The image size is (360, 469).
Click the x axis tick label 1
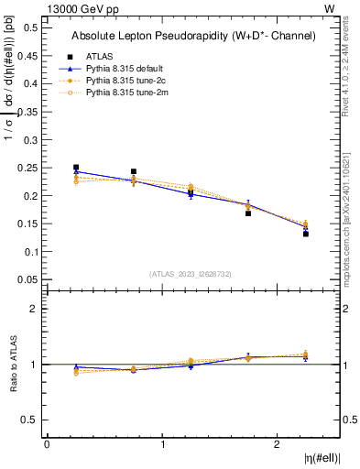(x=163, y=444)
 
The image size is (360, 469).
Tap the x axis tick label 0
(x=47, y=444)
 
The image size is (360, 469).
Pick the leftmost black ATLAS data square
(x=76, y=168)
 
